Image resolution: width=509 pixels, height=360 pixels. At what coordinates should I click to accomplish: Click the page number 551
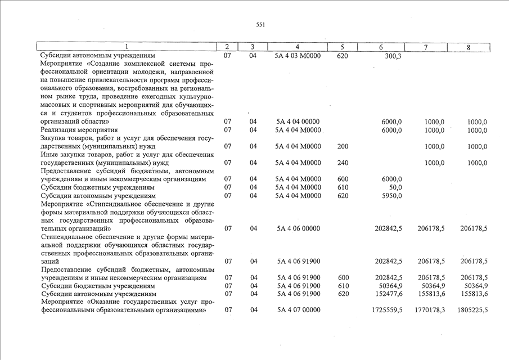click(x=260, y=25)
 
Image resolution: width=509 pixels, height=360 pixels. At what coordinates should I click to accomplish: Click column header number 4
click(x=296, y=47)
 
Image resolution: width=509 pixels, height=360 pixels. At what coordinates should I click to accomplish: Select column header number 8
click(x=468, y=47)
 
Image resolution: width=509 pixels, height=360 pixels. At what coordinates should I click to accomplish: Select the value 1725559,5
click(x=387, y=310)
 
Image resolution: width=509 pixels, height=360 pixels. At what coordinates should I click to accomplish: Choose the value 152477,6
click(x=388, y=294)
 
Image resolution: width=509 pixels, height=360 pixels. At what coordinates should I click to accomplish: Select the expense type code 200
click(x=343, y=147)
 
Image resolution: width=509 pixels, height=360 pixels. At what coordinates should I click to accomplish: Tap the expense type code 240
click(x=343, y=163)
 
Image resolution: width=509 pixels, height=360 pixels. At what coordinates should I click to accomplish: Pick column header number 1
click(x=127, y=47)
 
